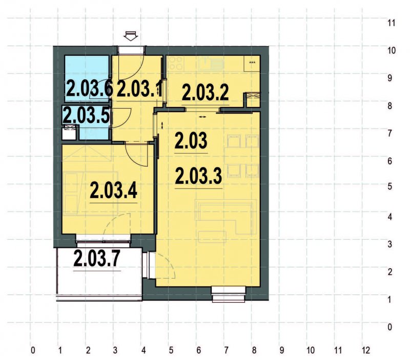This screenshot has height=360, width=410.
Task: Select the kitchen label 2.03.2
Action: (x=205, y=93)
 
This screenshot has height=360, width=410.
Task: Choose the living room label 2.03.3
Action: (x=198, y=177)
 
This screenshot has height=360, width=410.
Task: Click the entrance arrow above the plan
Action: (x=131, y=36)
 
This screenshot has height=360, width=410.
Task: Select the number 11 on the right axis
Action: (x=392, y=24)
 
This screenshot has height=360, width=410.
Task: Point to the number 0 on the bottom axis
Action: (x=33, y=351)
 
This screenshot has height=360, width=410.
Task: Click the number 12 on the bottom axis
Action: (x=365, y=351)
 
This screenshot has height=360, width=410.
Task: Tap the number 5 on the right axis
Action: (x=391, y=186)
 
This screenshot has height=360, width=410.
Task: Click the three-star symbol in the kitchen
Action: (x=252, y=62)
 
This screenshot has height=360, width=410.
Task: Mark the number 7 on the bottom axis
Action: (x=226, y=351)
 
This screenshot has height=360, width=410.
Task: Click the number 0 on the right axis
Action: (x=391, y=327)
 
